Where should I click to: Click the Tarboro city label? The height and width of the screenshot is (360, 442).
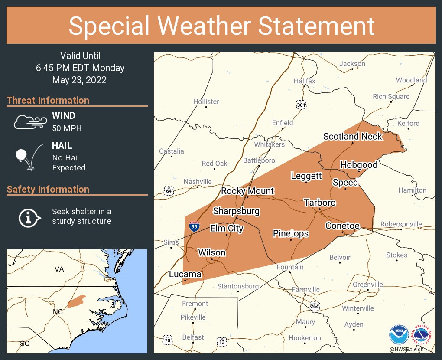click(320, 203)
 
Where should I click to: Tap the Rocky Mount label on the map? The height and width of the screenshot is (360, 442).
click(247, 191)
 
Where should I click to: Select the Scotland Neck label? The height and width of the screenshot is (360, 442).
click(353, 136)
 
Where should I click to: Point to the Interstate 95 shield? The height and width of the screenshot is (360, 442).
click(195, 226)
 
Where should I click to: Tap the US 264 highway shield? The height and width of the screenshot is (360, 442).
click(315, 306)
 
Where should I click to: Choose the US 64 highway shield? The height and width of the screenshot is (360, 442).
click(169, 190)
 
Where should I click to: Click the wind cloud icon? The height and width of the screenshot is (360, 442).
click(29, 122)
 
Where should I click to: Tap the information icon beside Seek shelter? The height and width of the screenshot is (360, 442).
click(29, 217)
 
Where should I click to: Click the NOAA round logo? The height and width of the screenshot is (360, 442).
click(399, 335)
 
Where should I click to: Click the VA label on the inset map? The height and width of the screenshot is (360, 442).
click(59, 269)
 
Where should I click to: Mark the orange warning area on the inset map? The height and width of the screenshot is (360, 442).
click(77, 301)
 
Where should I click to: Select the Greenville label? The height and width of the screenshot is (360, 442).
click(368, 285)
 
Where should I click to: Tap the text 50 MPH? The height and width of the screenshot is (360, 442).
click(67, 128)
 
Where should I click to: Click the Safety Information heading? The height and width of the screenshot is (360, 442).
click(48, 189)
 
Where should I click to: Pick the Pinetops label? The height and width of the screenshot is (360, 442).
click(291, 233)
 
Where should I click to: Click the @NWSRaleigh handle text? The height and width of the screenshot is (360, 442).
click(406, 350)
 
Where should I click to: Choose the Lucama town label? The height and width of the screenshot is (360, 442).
click(185, 274)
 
